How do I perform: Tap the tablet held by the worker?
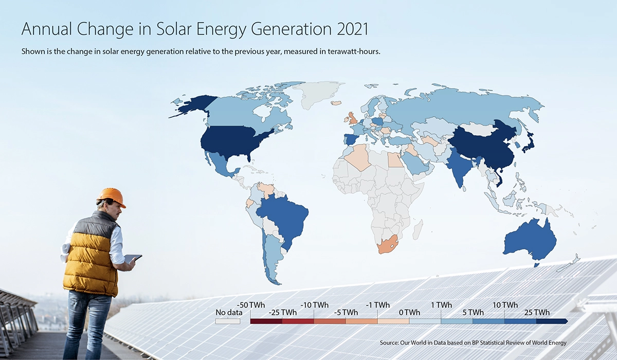(132, 258)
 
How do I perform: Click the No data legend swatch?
(228, 321)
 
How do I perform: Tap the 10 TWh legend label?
(504, 305)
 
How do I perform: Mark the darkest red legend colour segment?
(266, 321)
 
